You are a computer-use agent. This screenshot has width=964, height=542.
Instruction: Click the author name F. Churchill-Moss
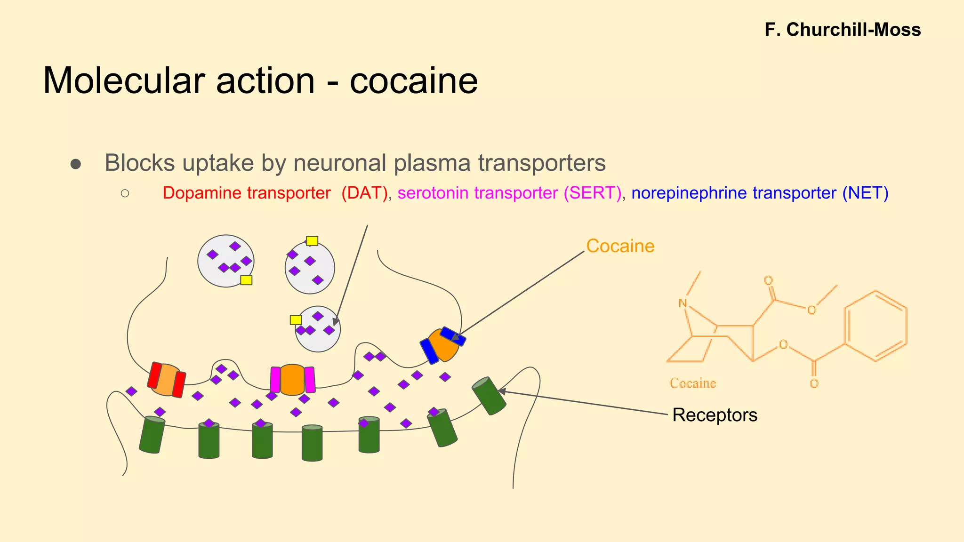tap(842, 30)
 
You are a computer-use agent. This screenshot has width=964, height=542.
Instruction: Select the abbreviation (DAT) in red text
tap(364, 193)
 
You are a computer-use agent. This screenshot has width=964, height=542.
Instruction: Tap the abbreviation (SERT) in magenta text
tap(592, 193)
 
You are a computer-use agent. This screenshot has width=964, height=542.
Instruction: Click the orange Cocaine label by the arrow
tap(620, 246)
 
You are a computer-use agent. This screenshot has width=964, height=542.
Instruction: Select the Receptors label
tap(715, 415)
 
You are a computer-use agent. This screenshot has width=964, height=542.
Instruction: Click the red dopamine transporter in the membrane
tap(167, 379)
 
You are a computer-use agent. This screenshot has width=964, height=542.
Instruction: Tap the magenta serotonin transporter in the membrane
tap(292, 379)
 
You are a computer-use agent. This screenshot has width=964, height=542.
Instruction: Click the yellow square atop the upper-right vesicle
tap(312, 241)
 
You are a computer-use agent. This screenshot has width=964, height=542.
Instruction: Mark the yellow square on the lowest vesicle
tap(296, 320)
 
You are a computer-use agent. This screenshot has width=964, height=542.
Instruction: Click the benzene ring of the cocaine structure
tap(875, 326)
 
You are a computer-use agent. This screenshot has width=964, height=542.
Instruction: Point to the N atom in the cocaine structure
tap(683, 303)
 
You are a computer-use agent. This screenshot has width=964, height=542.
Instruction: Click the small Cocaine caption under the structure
tap(692, 383)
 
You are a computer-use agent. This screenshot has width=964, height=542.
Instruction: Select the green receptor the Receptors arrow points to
tap(489, 396)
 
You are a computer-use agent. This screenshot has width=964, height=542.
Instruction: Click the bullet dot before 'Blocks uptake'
tap(76, 164)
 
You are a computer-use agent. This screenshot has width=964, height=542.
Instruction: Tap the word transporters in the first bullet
tap(542, 163)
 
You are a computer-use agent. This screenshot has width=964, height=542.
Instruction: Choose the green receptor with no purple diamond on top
tap(312, 443)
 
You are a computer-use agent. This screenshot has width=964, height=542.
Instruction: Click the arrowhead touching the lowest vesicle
tap(336, 322)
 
